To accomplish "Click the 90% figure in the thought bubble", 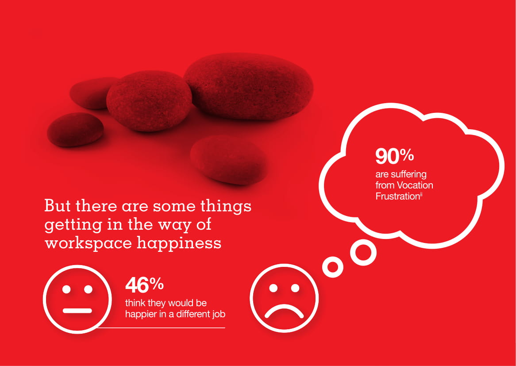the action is [x=395, y=156].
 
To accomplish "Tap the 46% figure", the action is [x=144, y=285].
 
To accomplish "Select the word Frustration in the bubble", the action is [x=397, y=196].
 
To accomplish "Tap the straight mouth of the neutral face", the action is [x=77, y=311].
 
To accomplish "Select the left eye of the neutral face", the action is [x=66, y=289].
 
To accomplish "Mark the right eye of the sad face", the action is [x=295, y=288].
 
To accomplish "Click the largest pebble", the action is [x=248, y=86].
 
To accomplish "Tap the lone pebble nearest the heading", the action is [x=229, y=159].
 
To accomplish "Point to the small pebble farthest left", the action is [x=75, y=129].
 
